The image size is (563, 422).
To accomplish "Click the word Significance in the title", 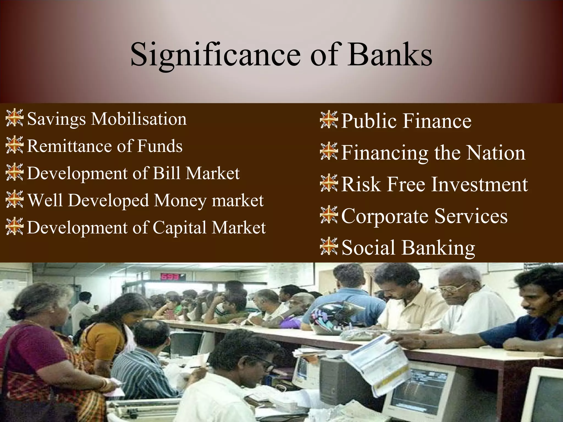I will [216, 55].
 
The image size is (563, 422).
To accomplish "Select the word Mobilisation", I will [139, 119].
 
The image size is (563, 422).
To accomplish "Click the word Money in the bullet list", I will [180, 201].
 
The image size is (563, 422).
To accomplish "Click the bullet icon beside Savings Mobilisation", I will [14, 118].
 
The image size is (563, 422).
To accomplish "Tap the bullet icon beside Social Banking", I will [329, 247].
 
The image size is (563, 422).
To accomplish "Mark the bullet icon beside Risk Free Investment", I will [329, 183].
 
